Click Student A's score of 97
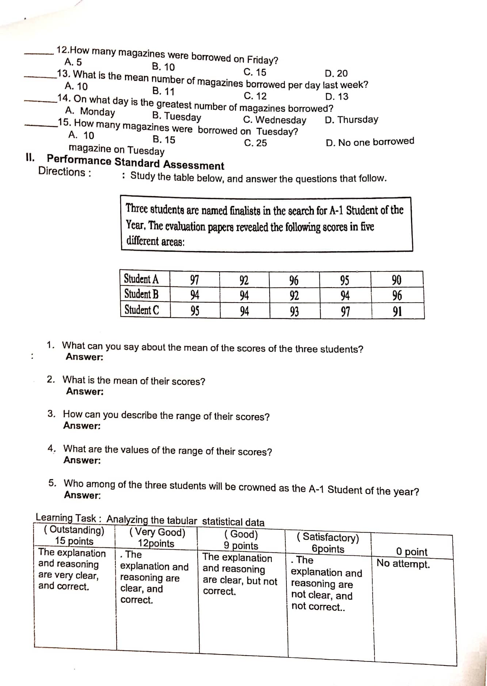(194, 280)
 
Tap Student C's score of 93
(294, 312)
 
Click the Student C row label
(142, 310)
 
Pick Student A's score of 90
(396, 280)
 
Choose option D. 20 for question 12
(336, 74)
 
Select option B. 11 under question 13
(163, 91)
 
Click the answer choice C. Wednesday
(275, 120)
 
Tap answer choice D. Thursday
(351, 120)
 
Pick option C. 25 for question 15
(255, 143)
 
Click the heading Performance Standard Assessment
(136, 162)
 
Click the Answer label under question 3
(82, 426)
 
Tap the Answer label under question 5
(83, 495)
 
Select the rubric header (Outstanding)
(74, 530)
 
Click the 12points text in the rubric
(156, 543)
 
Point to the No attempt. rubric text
(403, 563)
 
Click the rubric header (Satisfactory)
(328, 537)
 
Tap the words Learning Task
(66, 518)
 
